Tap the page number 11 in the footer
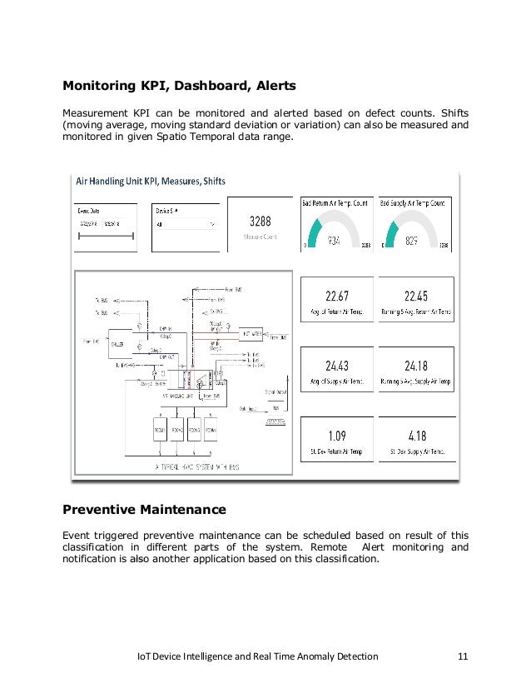463,656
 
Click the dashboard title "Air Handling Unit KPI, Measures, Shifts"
151,181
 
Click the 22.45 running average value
415,296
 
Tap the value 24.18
415,366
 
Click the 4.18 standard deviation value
415,435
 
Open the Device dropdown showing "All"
186,224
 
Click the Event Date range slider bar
106,238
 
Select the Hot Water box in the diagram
252,334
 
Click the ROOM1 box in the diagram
160,430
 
